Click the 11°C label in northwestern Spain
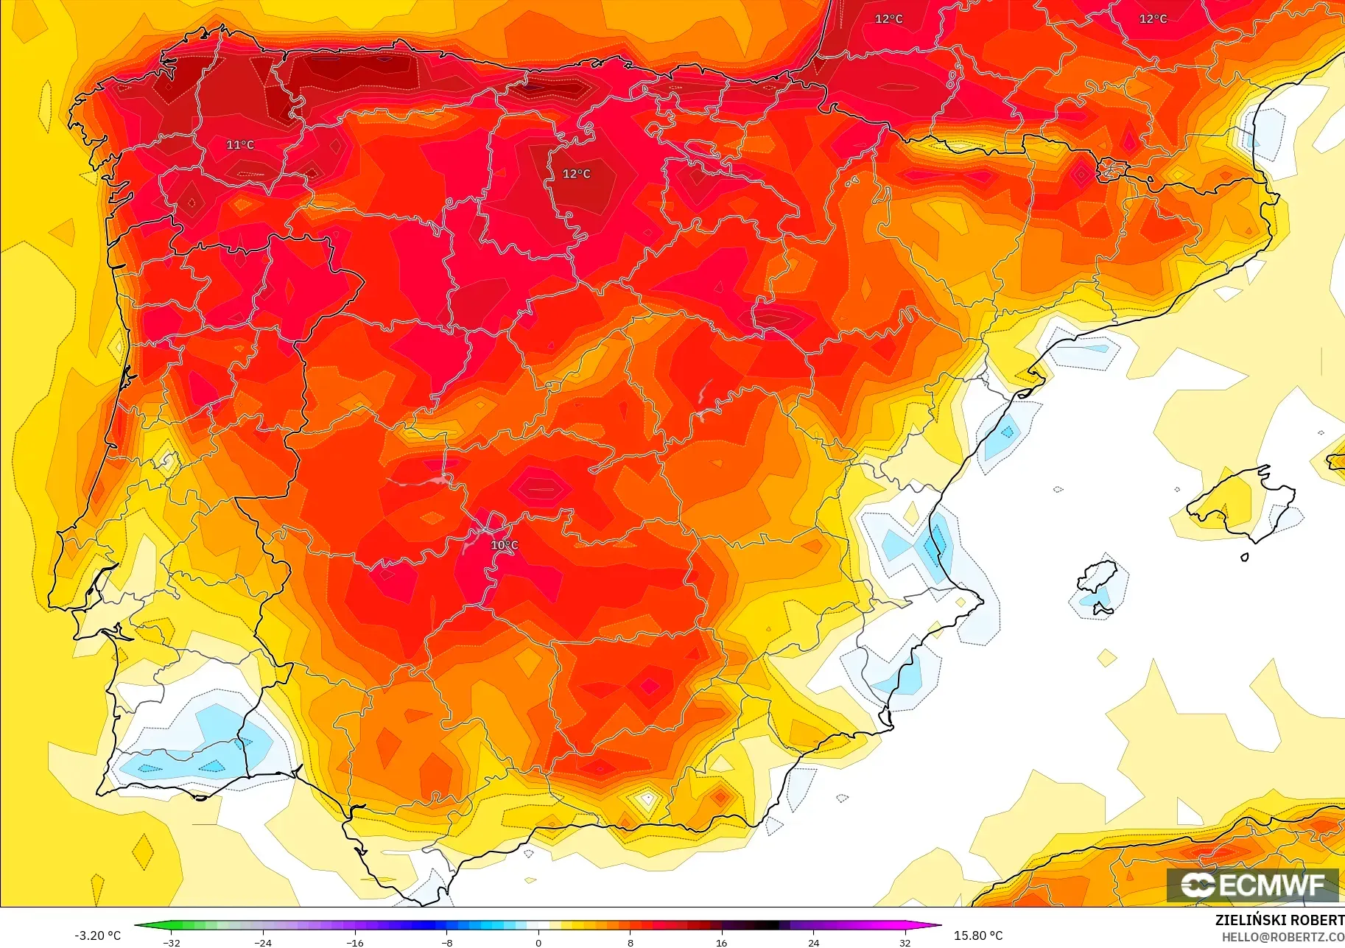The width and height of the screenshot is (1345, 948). pos(240,145)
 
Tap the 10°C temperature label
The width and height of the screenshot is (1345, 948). pos(505,545)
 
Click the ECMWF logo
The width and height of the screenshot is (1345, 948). pos(1252,885)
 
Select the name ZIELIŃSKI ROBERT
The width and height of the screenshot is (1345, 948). pos(1279,920)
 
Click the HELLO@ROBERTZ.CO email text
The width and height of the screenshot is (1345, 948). pos(1282,937)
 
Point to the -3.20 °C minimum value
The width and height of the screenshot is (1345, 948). pos(97,935)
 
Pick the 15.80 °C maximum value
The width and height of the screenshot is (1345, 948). pos(978,935)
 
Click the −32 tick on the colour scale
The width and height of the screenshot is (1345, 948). pos(171,943)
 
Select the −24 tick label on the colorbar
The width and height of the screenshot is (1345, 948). pos(263,943)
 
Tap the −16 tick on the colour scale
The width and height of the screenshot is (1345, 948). pos(354,943)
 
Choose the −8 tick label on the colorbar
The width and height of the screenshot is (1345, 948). pos(446,943)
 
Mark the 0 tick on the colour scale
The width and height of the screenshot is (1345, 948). pos(538,943)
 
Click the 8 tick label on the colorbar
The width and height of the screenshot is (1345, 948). pos(630,943)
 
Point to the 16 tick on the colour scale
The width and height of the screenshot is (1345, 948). pos(721,943)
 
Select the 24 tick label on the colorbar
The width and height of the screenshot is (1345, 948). pos(813,943)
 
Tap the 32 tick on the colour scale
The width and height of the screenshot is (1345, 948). pos(905,943)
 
